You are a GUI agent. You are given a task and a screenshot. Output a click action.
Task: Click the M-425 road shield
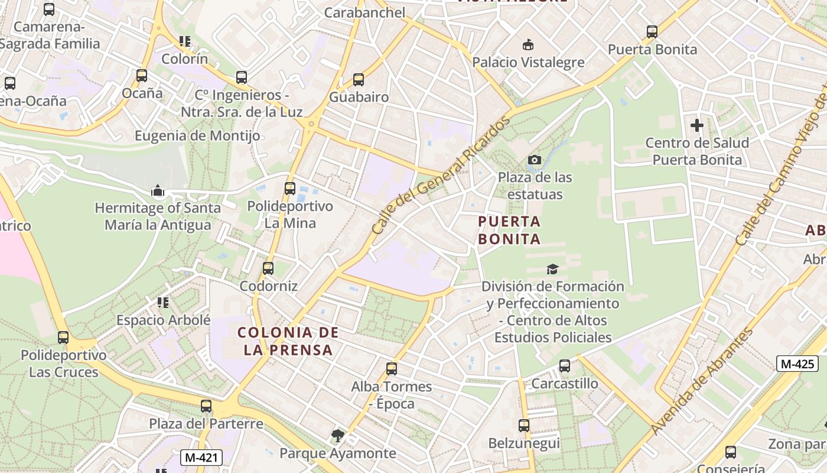click(797, 364)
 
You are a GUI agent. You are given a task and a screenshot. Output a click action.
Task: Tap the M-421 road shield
click(198, 458)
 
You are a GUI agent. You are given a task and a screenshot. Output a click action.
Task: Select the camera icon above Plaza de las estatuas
click(535, 160)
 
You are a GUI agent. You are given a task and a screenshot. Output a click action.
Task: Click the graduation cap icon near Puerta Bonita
click(552, 269)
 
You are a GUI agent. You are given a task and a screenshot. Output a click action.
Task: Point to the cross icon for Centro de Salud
click(697, 125)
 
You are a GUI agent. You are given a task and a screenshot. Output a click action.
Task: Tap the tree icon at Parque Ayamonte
click(337, 436)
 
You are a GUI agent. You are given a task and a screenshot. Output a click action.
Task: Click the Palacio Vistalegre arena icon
click(528, 45)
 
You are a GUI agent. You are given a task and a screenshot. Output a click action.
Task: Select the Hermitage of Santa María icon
click(158, 190)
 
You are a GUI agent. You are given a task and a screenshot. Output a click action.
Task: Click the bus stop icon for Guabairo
click(359, 80)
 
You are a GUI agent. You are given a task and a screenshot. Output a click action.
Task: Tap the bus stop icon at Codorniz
click(268, 268)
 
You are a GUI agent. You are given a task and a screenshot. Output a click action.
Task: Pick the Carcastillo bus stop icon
click(565, 366)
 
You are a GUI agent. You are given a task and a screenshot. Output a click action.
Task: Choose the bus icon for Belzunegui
click(524, 425)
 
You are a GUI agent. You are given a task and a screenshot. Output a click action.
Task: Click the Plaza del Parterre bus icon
click(206, 406)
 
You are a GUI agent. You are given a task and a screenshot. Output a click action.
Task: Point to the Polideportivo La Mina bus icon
click(290, 189)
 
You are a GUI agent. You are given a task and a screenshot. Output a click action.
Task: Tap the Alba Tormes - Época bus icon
click(391, 369)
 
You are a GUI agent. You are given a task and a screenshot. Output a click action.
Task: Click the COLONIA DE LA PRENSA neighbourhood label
click(288, 341)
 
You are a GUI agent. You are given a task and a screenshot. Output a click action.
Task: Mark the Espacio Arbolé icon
click(163, 303)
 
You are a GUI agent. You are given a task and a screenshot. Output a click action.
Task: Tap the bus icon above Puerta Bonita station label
click(652, 32)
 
